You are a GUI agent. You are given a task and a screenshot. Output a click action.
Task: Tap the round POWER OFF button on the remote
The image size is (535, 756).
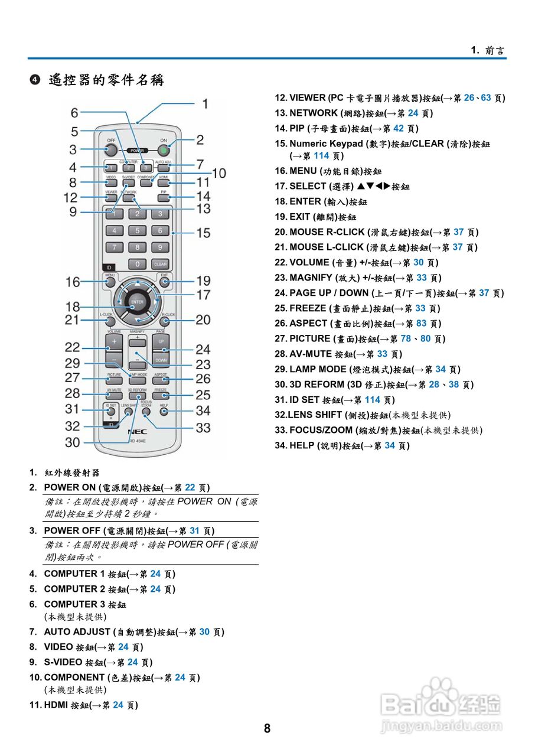click(x=111, y=148)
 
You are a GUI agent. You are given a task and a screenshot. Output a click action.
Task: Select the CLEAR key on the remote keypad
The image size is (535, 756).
click(x=160, y=264)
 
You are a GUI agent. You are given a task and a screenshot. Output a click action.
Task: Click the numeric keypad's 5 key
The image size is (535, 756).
click(x=137, y=231)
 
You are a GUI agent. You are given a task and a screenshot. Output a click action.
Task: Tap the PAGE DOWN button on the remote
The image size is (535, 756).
click(x=161, y=359)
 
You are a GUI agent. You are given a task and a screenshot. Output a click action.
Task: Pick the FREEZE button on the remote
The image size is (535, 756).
click(x=160, y=395)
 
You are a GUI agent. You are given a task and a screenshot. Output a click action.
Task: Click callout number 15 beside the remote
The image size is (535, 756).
click(x=203, y=233)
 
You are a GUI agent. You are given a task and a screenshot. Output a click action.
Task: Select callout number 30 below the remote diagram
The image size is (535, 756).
click(x=73, y=442)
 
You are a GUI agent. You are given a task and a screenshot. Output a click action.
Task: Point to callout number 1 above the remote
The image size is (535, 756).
click(x=204, y=104)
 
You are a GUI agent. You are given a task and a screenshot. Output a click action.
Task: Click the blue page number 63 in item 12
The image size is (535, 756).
click(x=485, y=98)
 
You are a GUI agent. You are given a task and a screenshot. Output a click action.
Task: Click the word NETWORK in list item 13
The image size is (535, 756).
click(x=313, y=113)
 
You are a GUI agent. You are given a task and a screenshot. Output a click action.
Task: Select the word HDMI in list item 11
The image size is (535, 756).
click(x=56, y=705)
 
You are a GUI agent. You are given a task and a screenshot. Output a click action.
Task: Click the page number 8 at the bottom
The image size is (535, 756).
click(x=267, y=728)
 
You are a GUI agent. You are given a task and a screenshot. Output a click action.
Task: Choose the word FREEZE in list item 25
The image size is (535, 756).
click(x=308, y=308)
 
